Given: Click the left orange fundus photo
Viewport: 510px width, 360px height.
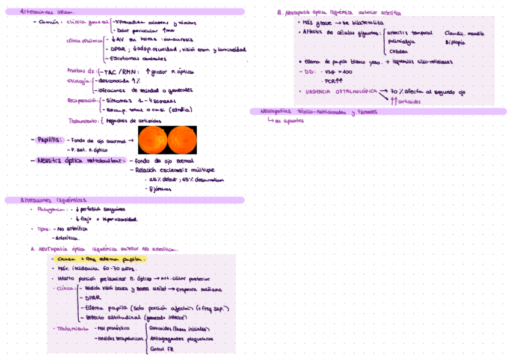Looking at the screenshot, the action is [x=152, y=139].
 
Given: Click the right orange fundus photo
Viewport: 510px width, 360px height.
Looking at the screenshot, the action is [x=182, y=139].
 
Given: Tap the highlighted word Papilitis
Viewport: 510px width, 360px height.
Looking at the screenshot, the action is [x=49, y=139].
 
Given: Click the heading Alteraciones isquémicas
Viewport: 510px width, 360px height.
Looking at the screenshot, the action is [x=54, y=200].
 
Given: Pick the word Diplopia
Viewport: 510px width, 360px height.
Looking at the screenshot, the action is [x=455, y=43].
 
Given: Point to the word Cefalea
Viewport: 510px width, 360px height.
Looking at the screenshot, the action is [x=398, y=52].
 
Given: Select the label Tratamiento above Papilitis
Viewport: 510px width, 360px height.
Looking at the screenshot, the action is [x=84, y=120].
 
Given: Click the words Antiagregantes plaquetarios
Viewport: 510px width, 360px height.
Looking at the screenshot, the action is [x=181, y=338].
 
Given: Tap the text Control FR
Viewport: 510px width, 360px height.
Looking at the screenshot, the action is [x=161, y=349].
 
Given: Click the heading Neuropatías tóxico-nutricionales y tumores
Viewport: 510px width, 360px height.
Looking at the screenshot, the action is [x=319, y=111].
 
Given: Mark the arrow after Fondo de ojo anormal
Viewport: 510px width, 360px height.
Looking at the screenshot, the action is [x=131, y=140].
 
